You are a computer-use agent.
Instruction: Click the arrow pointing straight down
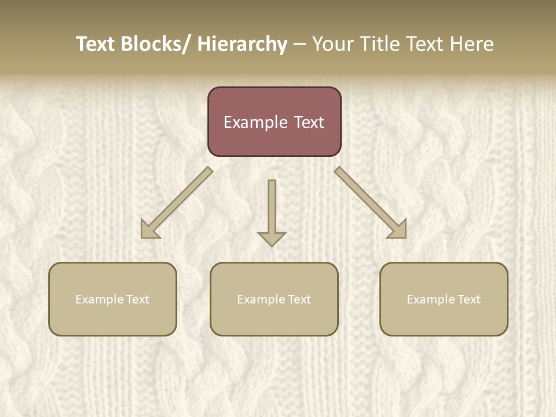pos(272,209)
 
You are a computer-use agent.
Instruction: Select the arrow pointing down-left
pos(177,203)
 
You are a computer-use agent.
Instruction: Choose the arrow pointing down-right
pos(370,202)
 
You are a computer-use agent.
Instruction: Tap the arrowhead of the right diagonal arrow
pos(398,230)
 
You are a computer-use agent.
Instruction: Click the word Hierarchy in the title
pos(242,44)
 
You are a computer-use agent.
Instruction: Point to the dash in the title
pos(299,44)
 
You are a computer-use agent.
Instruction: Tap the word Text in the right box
pos(469,299)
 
